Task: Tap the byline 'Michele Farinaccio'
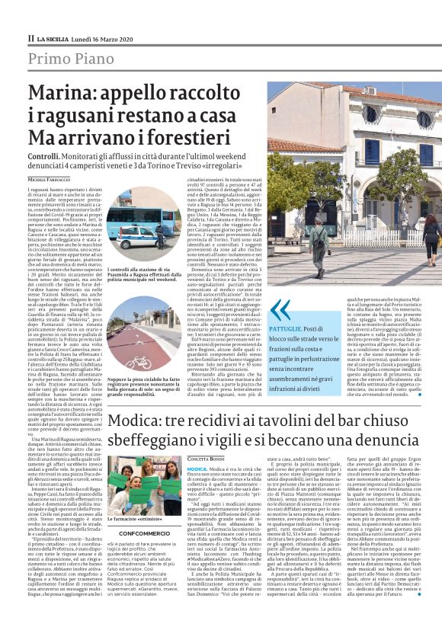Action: coord(53,179)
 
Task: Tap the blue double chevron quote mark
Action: coord(280,309)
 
